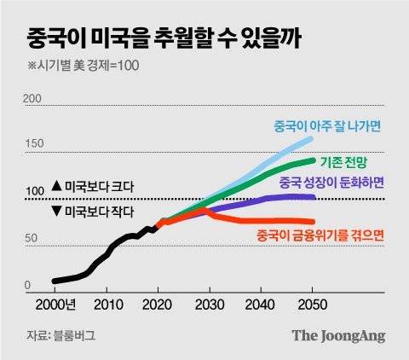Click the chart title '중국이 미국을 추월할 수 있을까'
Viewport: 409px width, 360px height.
pyautogui.click(x=162, y=38)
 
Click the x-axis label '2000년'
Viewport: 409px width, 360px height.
pyautogui.click(x=59, y=305)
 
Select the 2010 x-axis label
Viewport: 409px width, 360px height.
pyautogui.click(x=107, y=305)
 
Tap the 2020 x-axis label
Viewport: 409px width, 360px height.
pyautogui.click(x=158, y=305)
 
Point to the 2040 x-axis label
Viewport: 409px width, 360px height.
pyautogui.click(x=260, y=305)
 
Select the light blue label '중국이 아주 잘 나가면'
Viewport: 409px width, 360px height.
pyautogui.click(x=328, y=125)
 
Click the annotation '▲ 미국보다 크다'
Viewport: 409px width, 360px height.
pyautogui.click(x=93, y=186)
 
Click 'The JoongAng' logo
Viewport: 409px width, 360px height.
pyautogui.click(x=338, y=336)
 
